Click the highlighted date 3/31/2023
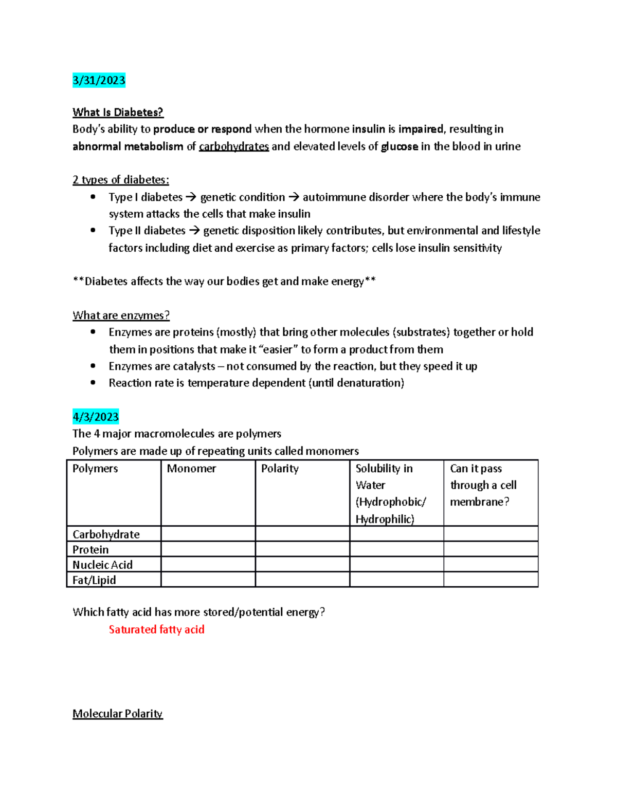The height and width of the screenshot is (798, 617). tap(99, 80)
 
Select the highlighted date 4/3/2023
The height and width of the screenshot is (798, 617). tap(96, 417)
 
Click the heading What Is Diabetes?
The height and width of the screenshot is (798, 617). tap(118, 112)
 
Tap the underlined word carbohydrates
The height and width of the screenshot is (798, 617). tap(233, 146)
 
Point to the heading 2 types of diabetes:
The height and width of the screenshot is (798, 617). tap(120, 180)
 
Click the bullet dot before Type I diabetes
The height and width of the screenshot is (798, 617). tap(93, 197)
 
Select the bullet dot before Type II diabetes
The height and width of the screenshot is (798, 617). tap(93, 230)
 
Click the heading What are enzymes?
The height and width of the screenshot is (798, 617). tap(121, 315)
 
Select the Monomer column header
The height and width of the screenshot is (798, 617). tap(191, 469)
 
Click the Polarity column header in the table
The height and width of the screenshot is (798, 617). tap(280, 469)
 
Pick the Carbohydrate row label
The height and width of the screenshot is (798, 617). tap(106, 534)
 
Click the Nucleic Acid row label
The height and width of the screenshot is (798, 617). tap(102, 565)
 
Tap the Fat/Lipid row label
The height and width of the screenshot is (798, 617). tap(94, 580)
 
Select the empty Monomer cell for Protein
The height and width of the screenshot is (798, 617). tap(208, 549)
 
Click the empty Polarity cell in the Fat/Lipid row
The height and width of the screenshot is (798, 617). tap(302, 580)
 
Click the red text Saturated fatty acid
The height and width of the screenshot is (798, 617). tap(156, 629)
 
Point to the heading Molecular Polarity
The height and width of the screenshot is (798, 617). tap(117, 714)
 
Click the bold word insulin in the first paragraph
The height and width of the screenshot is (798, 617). tap(368, 129)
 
